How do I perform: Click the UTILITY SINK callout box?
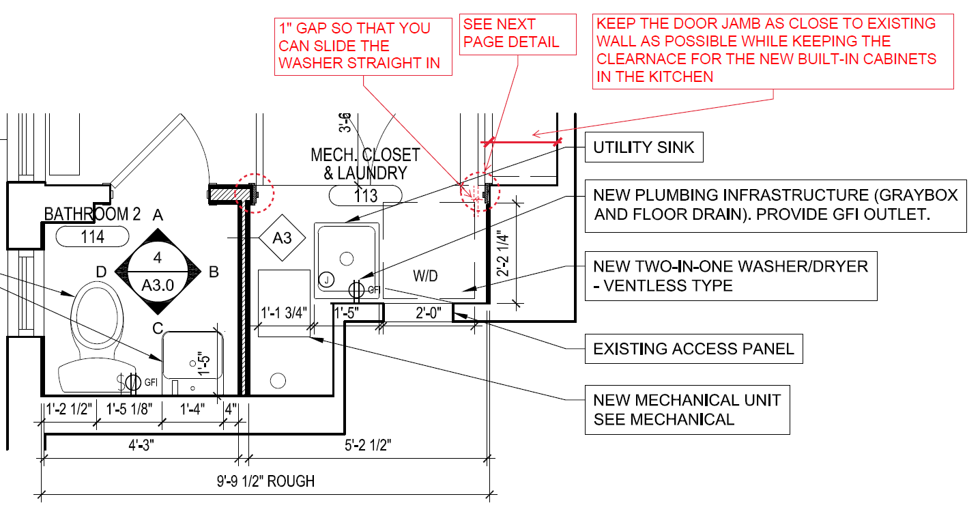click(x=644, y=147)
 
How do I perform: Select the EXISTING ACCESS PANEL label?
click(x=693, y=349)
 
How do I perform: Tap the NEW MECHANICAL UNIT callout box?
click(x=687, y=410)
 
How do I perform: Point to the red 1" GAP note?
click(x=364, y=46)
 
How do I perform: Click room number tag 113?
click(x=366, y=196)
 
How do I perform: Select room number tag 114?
click(x=92, y=237)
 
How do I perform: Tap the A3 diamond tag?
click(x=283, y=238)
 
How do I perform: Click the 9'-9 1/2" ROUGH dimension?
click(x=266, y=481)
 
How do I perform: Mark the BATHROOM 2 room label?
click(x=92, y=214)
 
